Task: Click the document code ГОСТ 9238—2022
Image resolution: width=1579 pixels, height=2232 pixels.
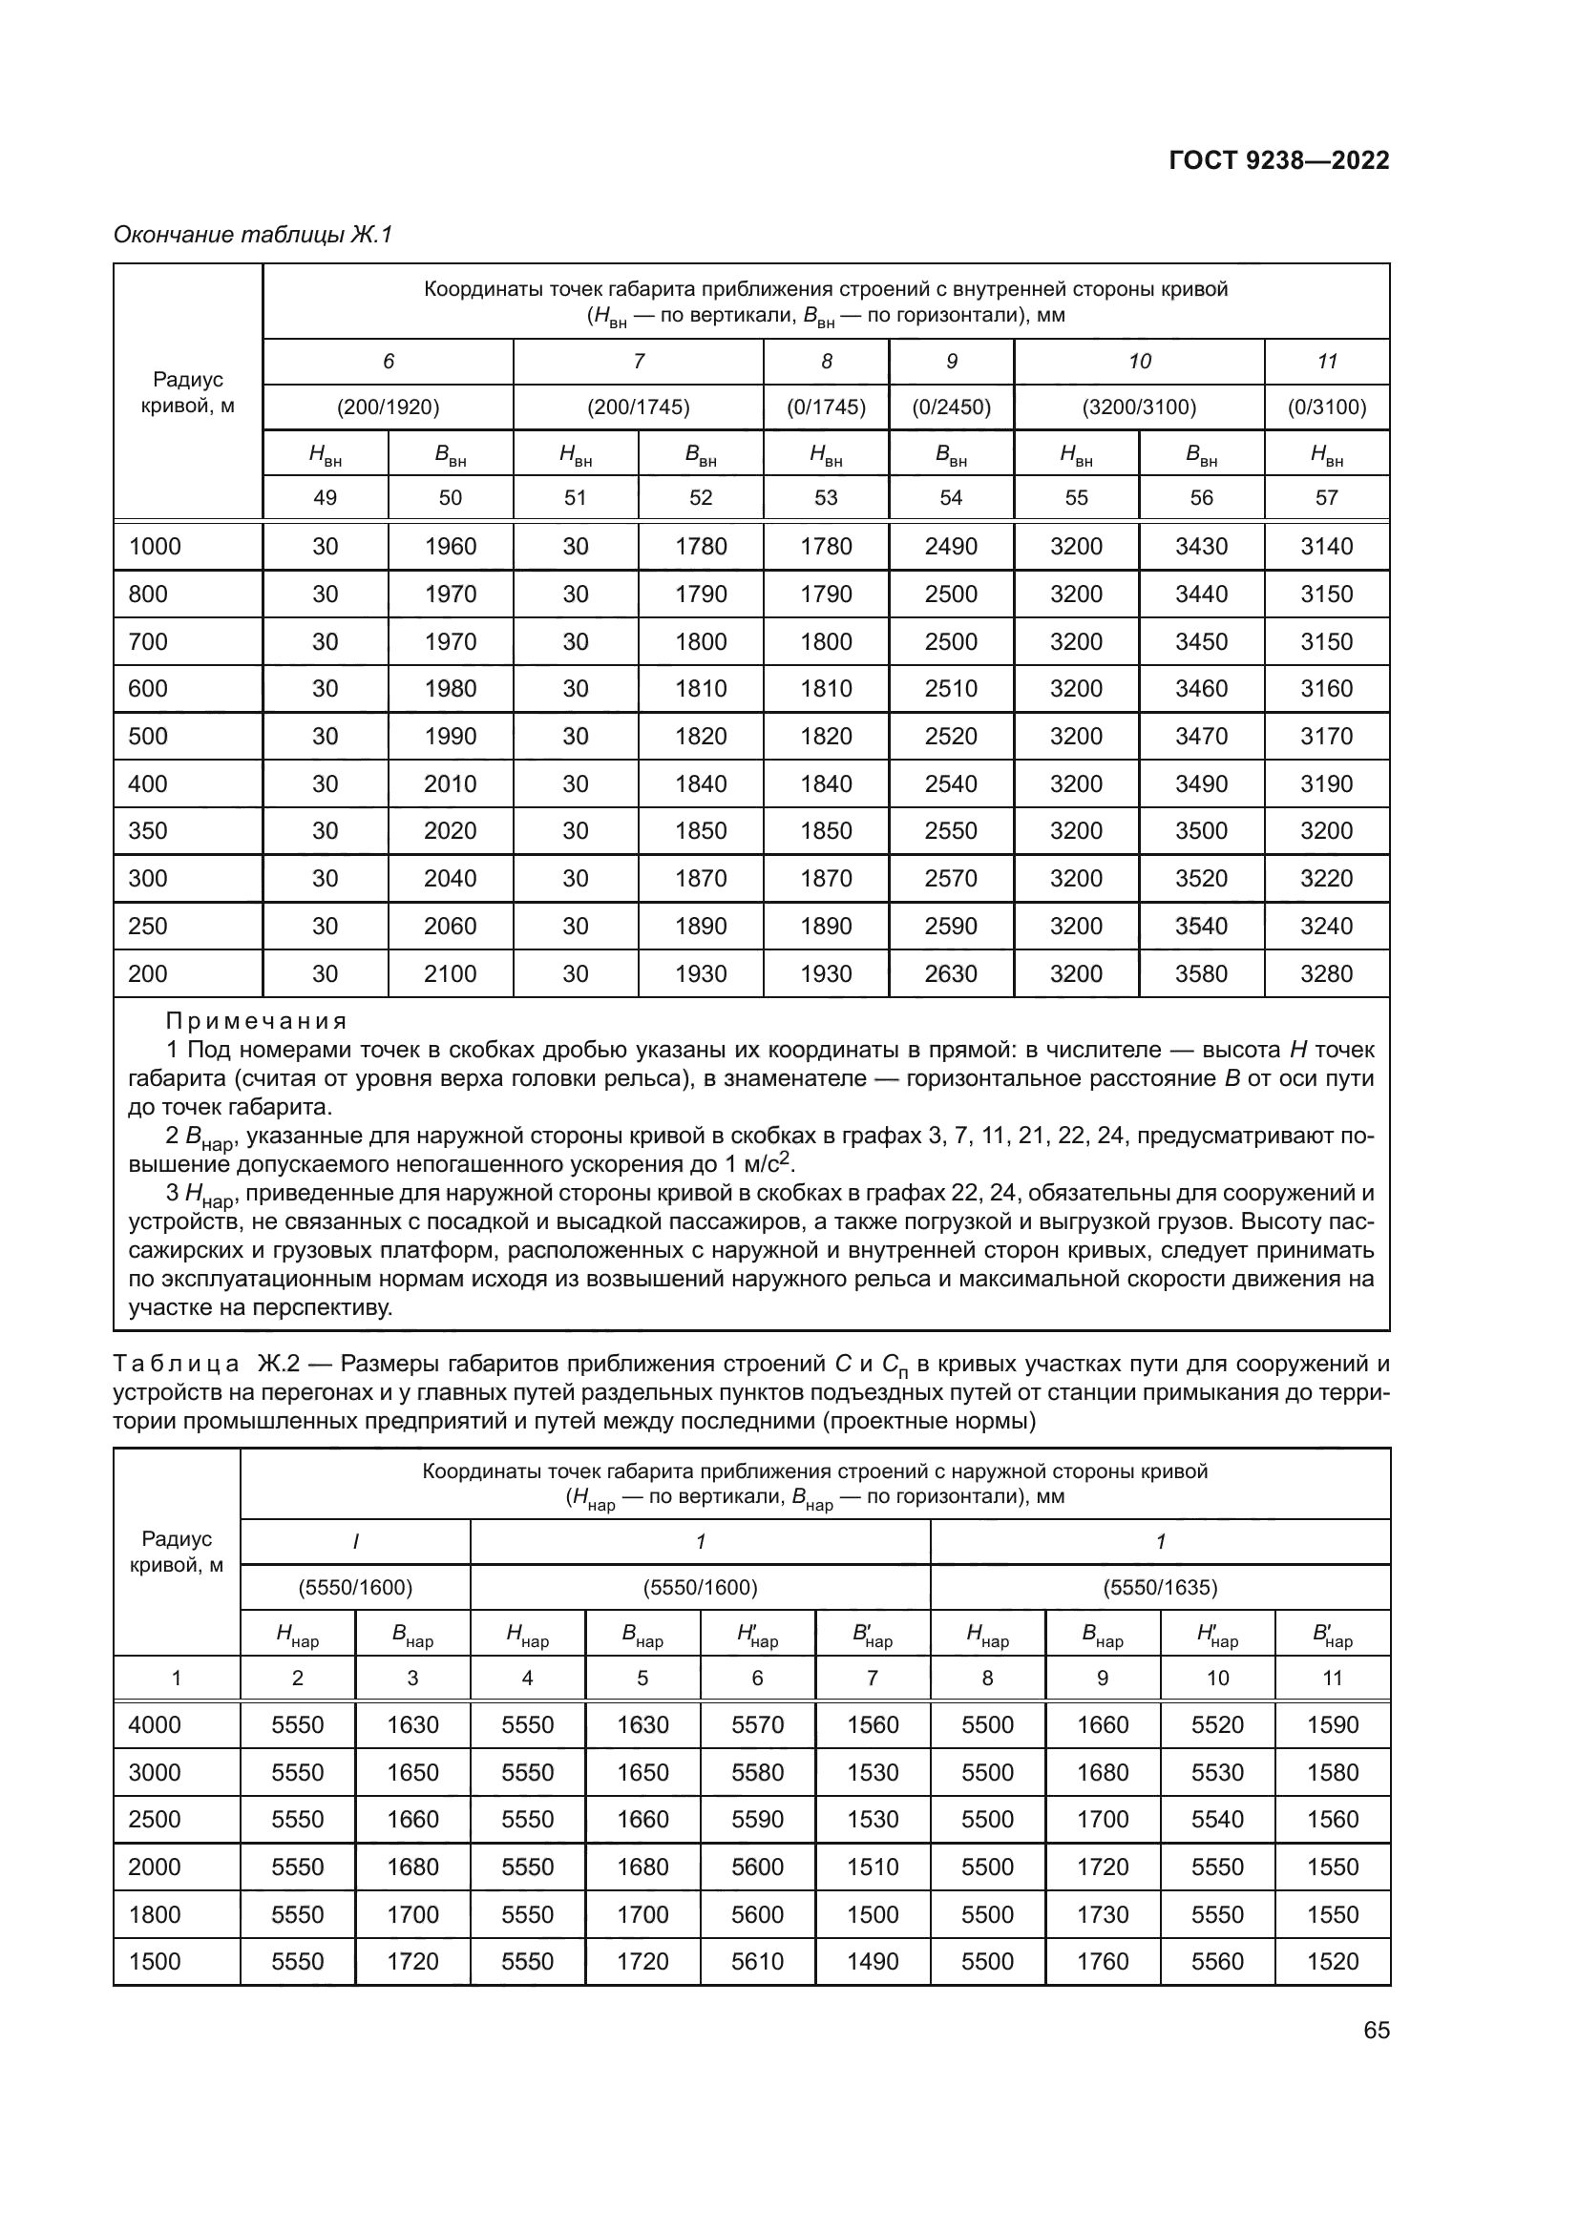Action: click(1277, 160)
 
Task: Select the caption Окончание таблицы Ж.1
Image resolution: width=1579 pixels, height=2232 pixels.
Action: click(253, 235)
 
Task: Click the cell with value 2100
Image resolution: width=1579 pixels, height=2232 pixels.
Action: click(451, 973)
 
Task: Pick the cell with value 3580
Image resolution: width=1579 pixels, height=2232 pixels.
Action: click(1201, 973)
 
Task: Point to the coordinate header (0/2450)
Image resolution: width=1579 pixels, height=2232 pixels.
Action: click(951, 407)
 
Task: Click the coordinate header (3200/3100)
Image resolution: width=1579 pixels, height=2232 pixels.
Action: click(1139, 407)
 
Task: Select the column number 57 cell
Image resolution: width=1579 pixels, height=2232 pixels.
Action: click(1326, 498)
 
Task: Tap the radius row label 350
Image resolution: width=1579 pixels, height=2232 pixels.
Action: click(148, 831)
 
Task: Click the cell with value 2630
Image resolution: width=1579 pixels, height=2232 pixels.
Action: click(951, 973)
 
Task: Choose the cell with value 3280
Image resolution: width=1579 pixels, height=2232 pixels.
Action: click(1326, 973)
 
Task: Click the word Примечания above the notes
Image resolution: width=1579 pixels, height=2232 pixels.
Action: click(257, 1022)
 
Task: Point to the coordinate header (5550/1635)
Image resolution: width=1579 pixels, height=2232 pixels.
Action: click(1160, 1588)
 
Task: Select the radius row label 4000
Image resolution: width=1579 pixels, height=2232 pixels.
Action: click(155, 1724)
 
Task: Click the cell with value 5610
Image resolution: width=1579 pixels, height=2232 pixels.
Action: click(757, 1961)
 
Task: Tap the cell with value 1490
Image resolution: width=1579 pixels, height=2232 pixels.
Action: click(873, 1961)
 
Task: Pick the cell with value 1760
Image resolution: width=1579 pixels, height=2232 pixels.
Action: click(1103, 1961)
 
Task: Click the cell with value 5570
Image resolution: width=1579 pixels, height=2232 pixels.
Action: click(757, 1724)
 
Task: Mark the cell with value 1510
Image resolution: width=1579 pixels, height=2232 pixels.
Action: click(873, 1867)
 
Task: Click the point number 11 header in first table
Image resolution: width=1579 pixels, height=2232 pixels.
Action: click(1326, 362)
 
